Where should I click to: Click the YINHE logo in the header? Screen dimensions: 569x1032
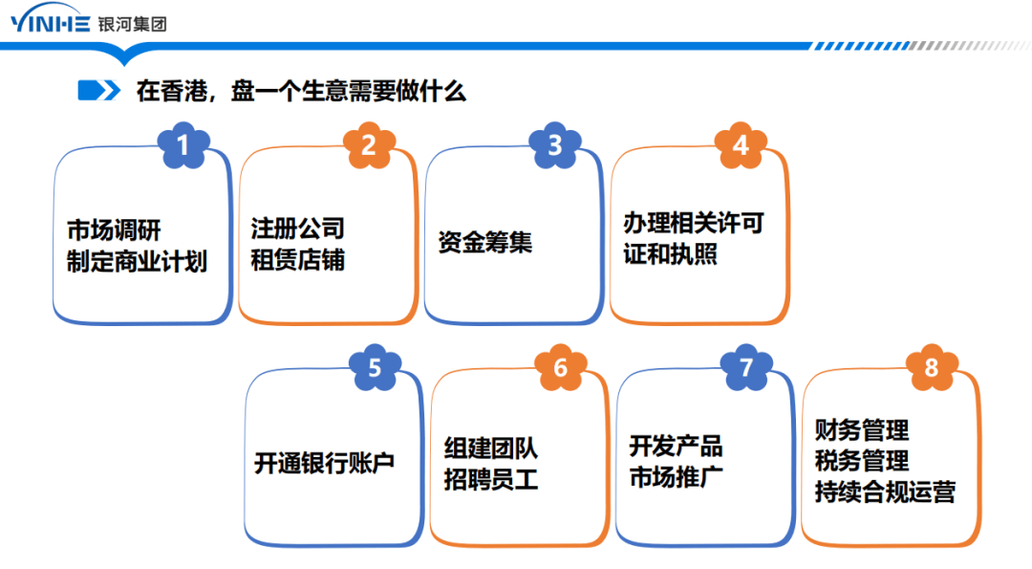coord(51,24)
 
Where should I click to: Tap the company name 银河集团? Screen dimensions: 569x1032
coord(132,24)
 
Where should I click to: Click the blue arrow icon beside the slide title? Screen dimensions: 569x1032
coord(98,91)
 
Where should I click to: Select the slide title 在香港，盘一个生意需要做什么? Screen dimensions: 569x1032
coord(301,92)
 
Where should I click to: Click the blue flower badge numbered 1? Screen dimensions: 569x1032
coord(183,146)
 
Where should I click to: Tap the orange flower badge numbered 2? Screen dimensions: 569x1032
coord(369,145)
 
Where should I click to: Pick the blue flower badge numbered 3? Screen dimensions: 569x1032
coord(555,145)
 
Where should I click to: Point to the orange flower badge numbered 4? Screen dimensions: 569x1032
coord(741,145)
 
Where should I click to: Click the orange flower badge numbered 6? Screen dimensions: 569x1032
coord(560,368)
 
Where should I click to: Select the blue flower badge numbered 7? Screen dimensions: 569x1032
coord(746,367)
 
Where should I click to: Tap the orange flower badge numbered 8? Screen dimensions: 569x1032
coord(931,367)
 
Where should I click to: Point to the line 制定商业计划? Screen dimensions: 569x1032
coord(137,261)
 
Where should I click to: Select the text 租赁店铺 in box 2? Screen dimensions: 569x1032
coord(297,260)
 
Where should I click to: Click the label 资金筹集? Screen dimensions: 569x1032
coord(484,243)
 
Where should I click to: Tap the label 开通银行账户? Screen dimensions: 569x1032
coord(324,464)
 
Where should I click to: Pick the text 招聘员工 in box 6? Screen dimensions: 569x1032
coord(491,479)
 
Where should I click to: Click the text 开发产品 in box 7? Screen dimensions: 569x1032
coord(676,446)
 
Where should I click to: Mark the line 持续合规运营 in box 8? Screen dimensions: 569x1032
coord(885,492)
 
